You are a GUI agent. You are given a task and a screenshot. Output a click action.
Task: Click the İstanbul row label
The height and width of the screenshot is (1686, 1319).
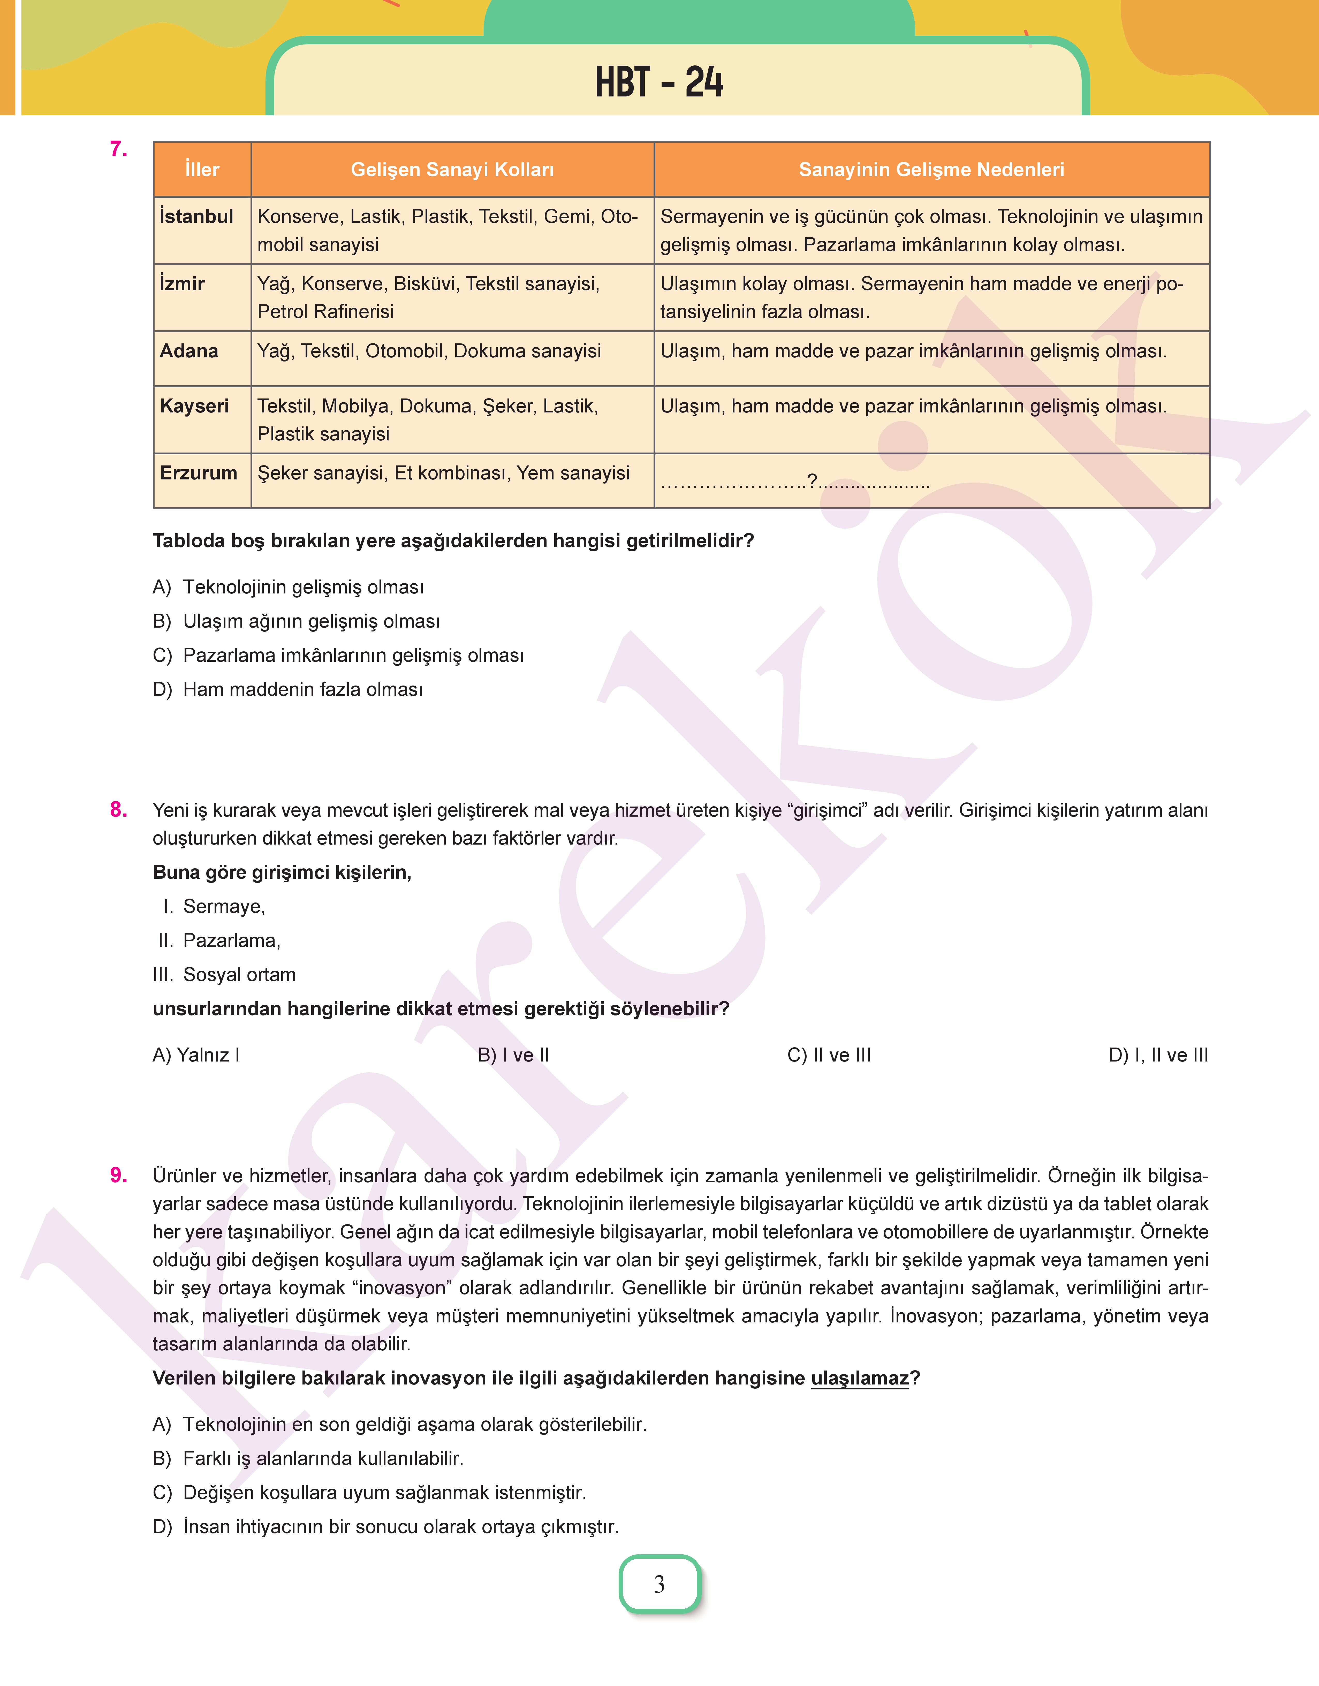(x=196, y=216)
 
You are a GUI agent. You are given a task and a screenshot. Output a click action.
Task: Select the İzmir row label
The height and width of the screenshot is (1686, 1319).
(x=182, y=283)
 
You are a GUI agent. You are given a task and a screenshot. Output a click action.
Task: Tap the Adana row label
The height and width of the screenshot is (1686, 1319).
(x=189, y=351)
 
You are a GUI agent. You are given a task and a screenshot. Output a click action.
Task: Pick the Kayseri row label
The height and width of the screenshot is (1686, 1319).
(x=194, y=406)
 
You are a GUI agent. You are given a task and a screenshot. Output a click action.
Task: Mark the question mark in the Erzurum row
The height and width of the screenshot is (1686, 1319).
(x=812, y=480)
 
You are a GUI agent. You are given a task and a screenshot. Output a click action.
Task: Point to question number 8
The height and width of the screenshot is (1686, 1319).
(x=118, y=809)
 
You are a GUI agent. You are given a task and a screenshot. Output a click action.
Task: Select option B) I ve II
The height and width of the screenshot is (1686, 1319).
(x=513, y=1055)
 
